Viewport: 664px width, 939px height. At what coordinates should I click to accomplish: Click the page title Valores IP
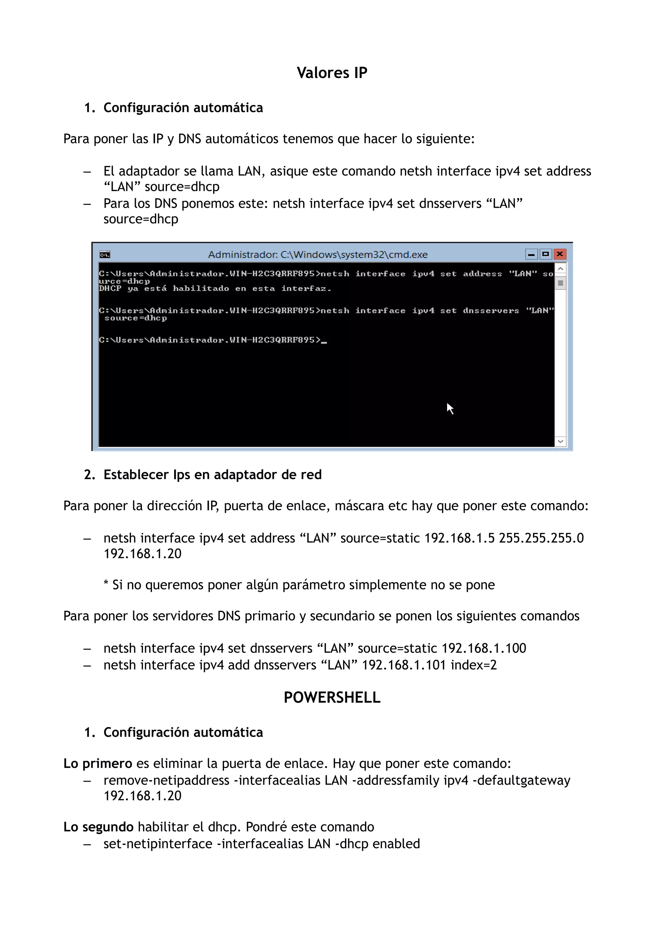[332, 73]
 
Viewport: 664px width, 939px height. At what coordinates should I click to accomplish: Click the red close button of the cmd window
[560, 254]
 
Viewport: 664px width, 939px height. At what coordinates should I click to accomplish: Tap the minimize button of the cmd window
[531, 254]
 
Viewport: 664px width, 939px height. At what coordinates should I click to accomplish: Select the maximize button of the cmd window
[545, 254]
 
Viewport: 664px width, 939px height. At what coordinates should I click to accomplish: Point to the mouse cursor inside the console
[450, 408]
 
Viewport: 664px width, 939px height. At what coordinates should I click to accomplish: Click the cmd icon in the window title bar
[105, 255]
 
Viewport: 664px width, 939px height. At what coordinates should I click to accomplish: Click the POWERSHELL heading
[332, 697]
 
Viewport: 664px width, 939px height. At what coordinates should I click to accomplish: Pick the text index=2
[473, 665]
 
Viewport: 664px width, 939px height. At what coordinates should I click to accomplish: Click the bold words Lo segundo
[98, 827]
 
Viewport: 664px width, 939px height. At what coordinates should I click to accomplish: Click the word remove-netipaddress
[166, 780]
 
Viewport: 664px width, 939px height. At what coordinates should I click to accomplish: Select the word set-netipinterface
[158, 844]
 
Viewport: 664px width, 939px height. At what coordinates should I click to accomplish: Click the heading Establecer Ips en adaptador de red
[212, 475]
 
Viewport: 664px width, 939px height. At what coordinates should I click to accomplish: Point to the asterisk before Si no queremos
[106, 584]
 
